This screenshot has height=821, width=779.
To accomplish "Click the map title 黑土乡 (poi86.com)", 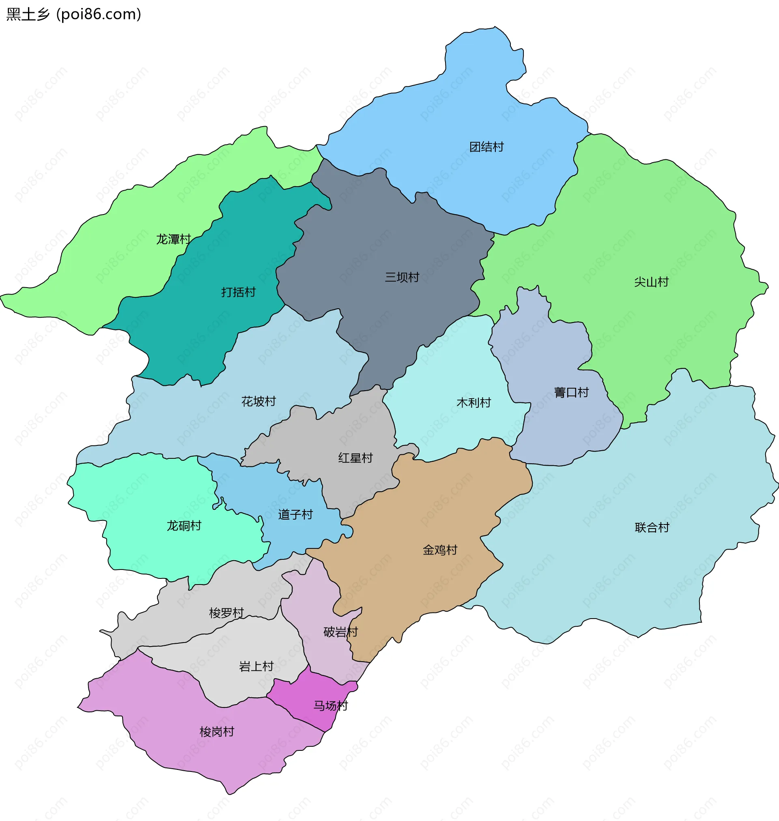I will tap(74, 15).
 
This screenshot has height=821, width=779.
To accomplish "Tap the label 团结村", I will tap(486, 147).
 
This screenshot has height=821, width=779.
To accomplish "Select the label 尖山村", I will tap(651, 282).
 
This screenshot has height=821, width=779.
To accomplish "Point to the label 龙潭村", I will tap(173, 239).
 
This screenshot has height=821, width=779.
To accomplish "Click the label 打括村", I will tap(238, 292).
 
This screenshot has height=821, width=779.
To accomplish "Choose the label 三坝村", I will tap(402, 277).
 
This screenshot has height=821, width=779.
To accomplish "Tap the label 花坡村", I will tap(258, 401).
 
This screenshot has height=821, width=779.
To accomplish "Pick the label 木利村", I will tap(473, 403).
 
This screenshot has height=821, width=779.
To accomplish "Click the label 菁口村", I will tap(571, 392).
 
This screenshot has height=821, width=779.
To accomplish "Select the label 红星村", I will tap(355, 458).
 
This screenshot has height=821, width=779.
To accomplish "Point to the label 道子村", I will tap(295, 515).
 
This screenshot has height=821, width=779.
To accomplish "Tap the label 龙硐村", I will tap(183, 526).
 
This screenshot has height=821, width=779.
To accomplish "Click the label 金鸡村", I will tap(440, 550).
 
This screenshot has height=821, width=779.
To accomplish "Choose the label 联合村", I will tap(652, 528).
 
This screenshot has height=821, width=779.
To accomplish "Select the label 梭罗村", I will tap(226, 613).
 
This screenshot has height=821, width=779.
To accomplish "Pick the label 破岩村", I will tap(340, 632).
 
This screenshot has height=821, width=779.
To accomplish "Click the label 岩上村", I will tap(256, 666).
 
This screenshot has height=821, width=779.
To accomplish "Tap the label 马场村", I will tap(330, 706).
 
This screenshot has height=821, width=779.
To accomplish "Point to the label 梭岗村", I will tap(217, 732).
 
